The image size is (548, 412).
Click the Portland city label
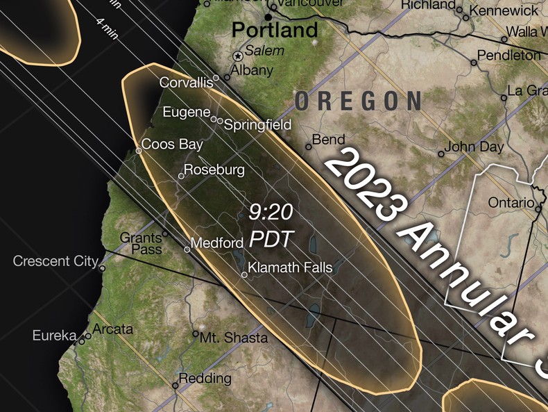tap(275, 31)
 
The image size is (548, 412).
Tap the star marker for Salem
tap(239, 56)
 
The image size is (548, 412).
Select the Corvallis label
tap(186, 83)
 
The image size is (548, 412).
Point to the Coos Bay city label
tap(173, 145)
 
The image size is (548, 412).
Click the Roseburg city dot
tap(182, 176)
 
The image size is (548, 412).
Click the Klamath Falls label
tap(290, 267)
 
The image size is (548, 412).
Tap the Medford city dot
tap(187, 249)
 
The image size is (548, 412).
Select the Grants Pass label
tap(141, 243)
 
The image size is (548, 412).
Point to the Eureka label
tap(54, 336)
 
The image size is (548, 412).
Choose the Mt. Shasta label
tap(234, 338)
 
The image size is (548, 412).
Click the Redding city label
tap(205, 379)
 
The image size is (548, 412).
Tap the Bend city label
tap(329, 140)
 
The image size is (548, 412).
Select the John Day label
tap(474, 147)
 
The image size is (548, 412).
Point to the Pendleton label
tap(509, 55)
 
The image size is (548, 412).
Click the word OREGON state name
tap(358, 101)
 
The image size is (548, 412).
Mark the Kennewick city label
tap(504, 11)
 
